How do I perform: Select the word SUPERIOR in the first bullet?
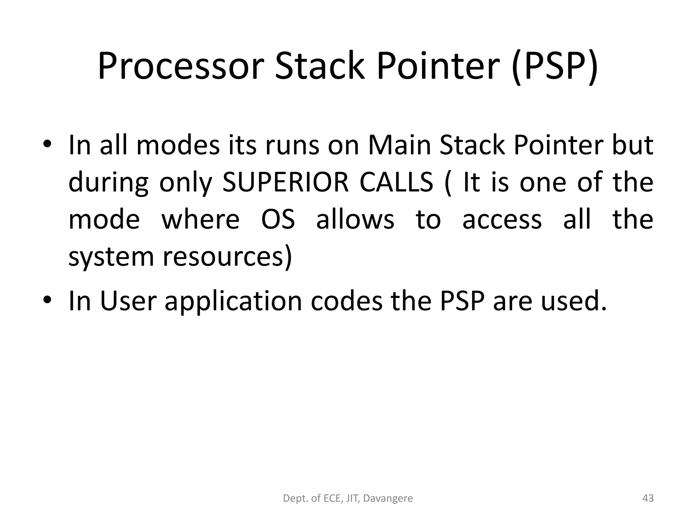point(285,182)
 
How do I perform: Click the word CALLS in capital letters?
point(396,182)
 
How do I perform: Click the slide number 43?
point(648,498)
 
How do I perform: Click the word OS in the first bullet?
point(278,220)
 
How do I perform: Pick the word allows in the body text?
point(355,220)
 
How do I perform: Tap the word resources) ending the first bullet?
point(227,257)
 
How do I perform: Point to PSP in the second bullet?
point(462,301)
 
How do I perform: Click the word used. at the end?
point(574,301)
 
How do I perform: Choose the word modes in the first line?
point(178,145)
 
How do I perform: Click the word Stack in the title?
point(320,67)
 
